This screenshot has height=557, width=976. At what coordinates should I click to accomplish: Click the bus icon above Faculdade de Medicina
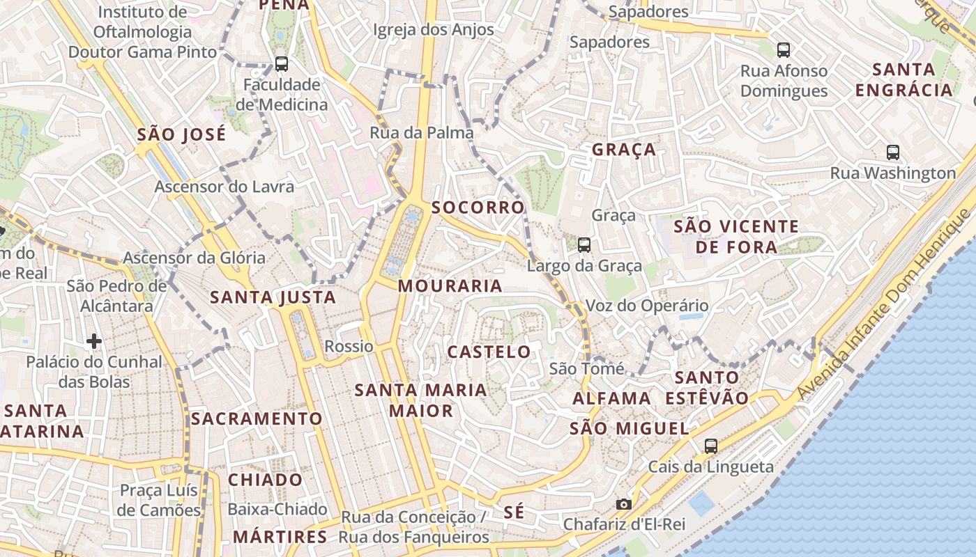point(282,64)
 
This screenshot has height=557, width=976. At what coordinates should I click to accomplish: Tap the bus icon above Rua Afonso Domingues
point(784,50)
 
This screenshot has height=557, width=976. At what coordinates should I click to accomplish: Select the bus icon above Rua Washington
point(893,152)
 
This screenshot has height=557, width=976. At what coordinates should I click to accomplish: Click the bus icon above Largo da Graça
point(584,245)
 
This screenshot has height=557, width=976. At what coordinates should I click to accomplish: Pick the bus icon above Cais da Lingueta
point(711,446)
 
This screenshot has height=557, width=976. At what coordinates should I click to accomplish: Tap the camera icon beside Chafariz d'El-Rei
point(624,504)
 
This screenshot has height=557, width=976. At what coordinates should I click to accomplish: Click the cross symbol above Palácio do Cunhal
point(94,341)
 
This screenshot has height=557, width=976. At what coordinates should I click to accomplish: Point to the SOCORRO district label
point(478,207)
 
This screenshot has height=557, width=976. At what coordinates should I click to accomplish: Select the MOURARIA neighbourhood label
point(450,285)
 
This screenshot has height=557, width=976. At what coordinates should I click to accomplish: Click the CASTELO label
point(489,352)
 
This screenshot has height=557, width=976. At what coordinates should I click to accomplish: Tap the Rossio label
point(349,346)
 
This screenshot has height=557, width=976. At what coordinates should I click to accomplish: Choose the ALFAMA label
point(611,398)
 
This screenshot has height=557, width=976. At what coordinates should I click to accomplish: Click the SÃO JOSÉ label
point(181,134)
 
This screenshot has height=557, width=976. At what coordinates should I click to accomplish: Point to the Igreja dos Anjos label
point(433,30)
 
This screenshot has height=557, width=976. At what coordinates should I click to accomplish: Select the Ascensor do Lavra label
point(224,187)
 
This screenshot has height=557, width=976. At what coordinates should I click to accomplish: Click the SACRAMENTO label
point(257,418)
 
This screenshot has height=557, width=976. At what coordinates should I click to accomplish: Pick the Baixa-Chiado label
point(277,509)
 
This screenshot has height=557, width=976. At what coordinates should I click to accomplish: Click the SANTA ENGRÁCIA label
point(903,79)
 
